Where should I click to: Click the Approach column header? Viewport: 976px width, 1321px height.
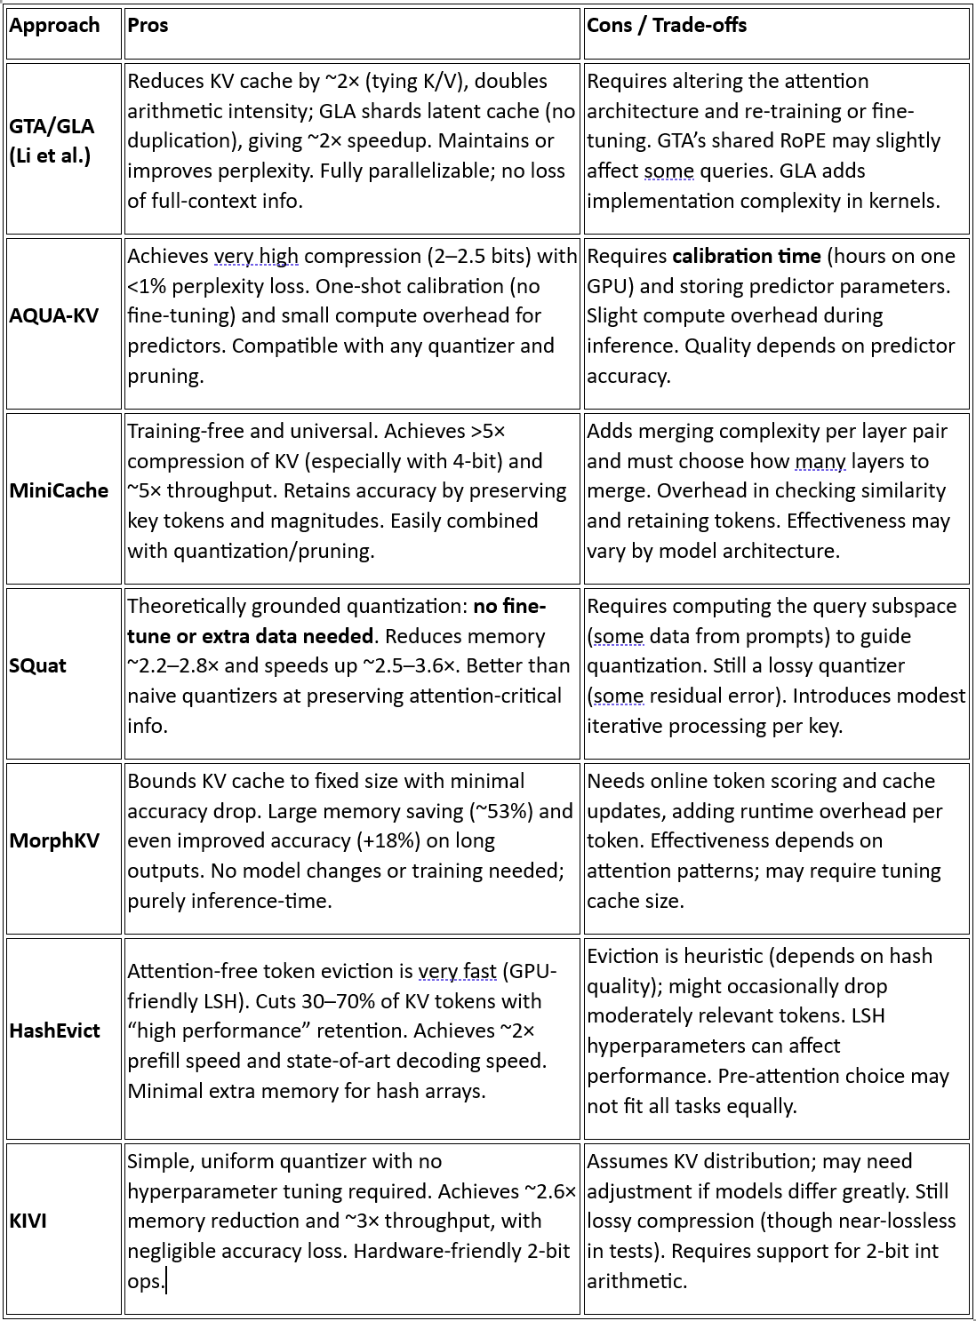[x=54, y=25]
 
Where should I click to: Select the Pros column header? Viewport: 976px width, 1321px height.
[x=148, y=25]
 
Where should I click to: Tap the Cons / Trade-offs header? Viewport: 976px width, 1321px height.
[x=667, y=25]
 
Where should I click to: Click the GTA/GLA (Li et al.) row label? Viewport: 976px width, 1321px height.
[x=52, y=141]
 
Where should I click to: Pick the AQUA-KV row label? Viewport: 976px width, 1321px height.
[x=53, y=315]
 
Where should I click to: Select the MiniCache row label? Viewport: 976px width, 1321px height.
[x=59, y=490]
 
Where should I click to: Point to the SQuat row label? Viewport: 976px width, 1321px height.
[x=37, y=665]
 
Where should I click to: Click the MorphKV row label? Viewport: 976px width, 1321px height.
[x=54, y=840]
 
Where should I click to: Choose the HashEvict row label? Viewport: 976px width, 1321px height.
[x=54, y=1031]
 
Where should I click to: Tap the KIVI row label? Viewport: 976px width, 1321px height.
[x=28, y=1221]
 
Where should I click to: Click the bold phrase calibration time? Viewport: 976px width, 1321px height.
[x=747, y=256]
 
